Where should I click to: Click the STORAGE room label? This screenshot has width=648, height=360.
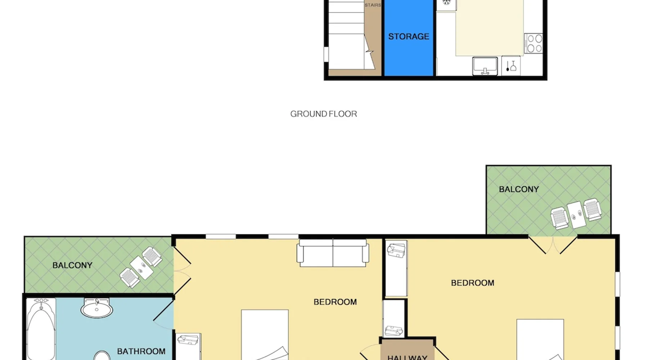(x=409, y=36)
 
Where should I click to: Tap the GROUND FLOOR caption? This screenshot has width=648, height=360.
(x=324, y=114)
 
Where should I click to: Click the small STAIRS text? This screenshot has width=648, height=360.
(x=373, y=5)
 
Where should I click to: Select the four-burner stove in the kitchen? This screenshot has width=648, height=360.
(x=534, y=43)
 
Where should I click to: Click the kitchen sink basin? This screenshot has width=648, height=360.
(x=485, y=66)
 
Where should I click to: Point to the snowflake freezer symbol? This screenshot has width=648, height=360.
(x=446, y=3)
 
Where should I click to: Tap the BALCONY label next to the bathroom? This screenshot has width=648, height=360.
(x=72, y=265)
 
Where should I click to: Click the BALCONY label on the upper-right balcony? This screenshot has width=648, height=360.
(x=519, y=189)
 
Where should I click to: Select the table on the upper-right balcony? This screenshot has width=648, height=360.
(x=577, y=215)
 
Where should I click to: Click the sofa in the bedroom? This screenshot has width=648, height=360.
(x=333, y=253)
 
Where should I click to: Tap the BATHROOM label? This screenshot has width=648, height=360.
(x=141, y=351)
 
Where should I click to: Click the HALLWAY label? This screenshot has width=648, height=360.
(x=407, y=357)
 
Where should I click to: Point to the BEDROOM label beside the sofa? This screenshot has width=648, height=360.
(x=335, y=302)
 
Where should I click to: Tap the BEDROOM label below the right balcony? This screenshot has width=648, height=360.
(x=473, y=283)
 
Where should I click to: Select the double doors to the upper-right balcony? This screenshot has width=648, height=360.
(x=553, y=245)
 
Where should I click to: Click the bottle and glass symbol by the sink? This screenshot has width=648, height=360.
(x=511, y=66)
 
